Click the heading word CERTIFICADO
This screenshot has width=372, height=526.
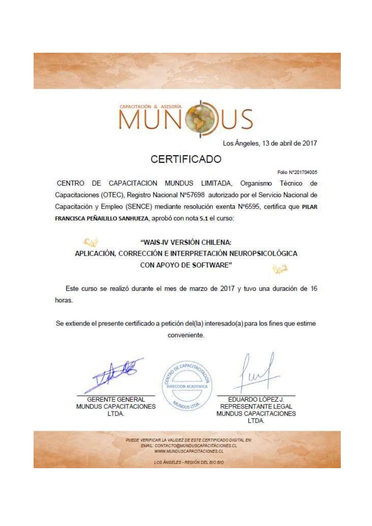point(186,159)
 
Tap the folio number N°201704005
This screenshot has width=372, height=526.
point(303,172)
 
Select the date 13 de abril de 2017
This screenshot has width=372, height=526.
point(290,143)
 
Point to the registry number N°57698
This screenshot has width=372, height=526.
point(192,195)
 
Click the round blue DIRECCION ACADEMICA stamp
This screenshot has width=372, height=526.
point(187,386)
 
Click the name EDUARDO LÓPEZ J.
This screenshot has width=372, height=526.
point(256,400)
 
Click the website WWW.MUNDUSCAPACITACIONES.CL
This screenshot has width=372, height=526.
point(189,451)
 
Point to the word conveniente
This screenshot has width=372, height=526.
point(186,335)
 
